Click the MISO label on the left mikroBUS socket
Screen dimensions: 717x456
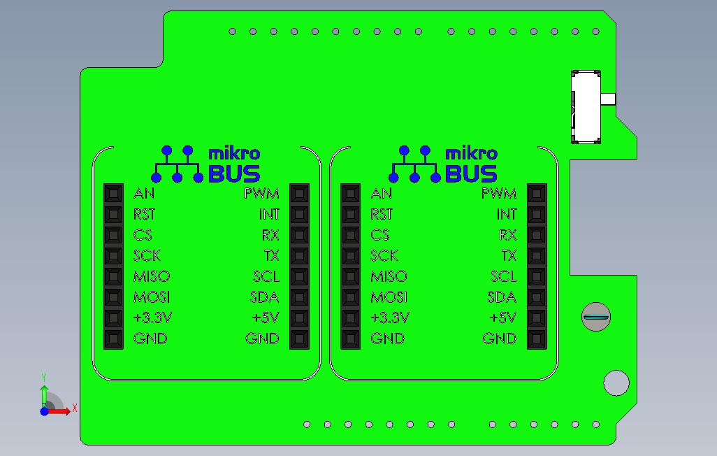click(152, 276)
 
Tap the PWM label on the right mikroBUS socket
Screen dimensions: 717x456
click(499, 194)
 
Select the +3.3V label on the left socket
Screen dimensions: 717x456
click(153, 318)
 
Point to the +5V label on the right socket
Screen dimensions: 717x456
click(503, 318)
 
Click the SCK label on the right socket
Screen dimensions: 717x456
click(384, 255)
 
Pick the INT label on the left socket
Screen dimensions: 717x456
click(269, 214)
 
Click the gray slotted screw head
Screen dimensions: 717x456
click(596, 317)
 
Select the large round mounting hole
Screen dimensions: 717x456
click(616, 383)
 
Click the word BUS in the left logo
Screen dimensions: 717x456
click(234, 173)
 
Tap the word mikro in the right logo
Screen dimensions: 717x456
click(471, 153)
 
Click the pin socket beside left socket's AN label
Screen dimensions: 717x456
click(113, 194)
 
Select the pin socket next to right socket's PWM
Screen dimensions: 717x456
click(537, 194)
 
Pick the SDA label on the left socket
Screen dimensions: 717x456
click(264, 297)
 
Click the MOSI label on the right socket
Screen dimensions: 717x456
click(389, 297)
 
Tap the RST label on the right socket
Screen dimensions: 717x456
click(382, 214)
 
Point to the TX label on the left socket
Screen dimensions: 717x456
click(271, 255)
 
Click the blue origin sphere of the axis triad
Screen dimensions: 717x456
click(44, 411)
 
